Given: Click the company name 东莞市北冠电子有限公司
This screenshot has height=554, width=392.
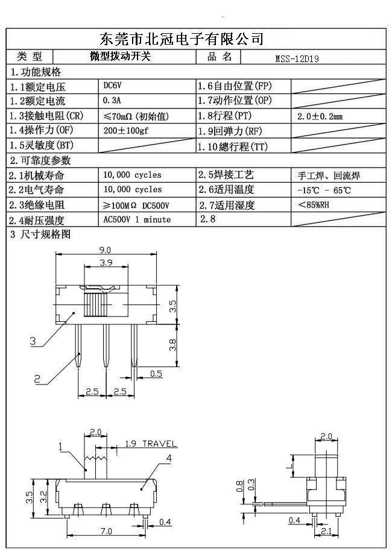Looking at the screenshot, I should tap(181, 40).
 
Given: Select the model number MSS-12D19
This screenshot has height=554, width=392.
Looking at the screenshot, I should tap(297, 58).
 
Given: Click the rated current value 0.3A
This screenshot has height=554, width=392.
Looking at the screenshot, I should tap(113, 101).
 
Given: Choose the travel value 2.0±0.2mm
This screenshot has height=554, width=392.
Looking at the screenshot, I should tap(320, 116).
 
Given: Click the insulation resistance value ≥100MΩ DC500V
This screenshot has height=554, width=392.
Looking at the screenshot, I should tap(136, 206).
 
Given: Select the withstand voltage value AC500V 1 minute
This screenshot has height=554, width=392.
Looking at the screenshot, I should tap(137, 220).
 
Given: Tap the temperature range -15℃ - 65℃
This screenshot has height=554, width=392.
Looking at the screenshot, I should tap(324, 190).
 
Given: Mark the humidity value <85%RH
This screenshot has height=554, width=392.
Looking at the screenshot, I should tap(314, 205).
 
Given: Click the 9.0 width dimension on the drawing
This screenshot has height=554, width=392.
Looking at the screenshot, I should tap(105, 250).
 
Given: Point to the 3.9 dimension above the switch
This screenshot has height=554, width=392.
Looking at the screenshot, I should tap(105, 263).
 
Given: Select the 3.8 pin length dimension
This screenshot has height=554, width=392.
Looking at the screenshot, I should tap(172, 345).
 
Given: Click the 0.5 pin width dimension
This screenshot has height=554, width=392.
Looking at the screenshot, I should tap(156, 374).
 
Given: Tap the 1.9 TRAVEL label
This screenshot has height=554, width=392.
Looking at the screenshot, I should tap(151, 444).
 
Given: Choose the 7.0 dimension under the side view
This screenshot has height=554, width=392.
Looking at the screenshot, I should tap(106, 531).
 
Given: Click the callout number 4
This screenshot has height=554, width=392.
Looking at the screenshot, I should tap(169, 458).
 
